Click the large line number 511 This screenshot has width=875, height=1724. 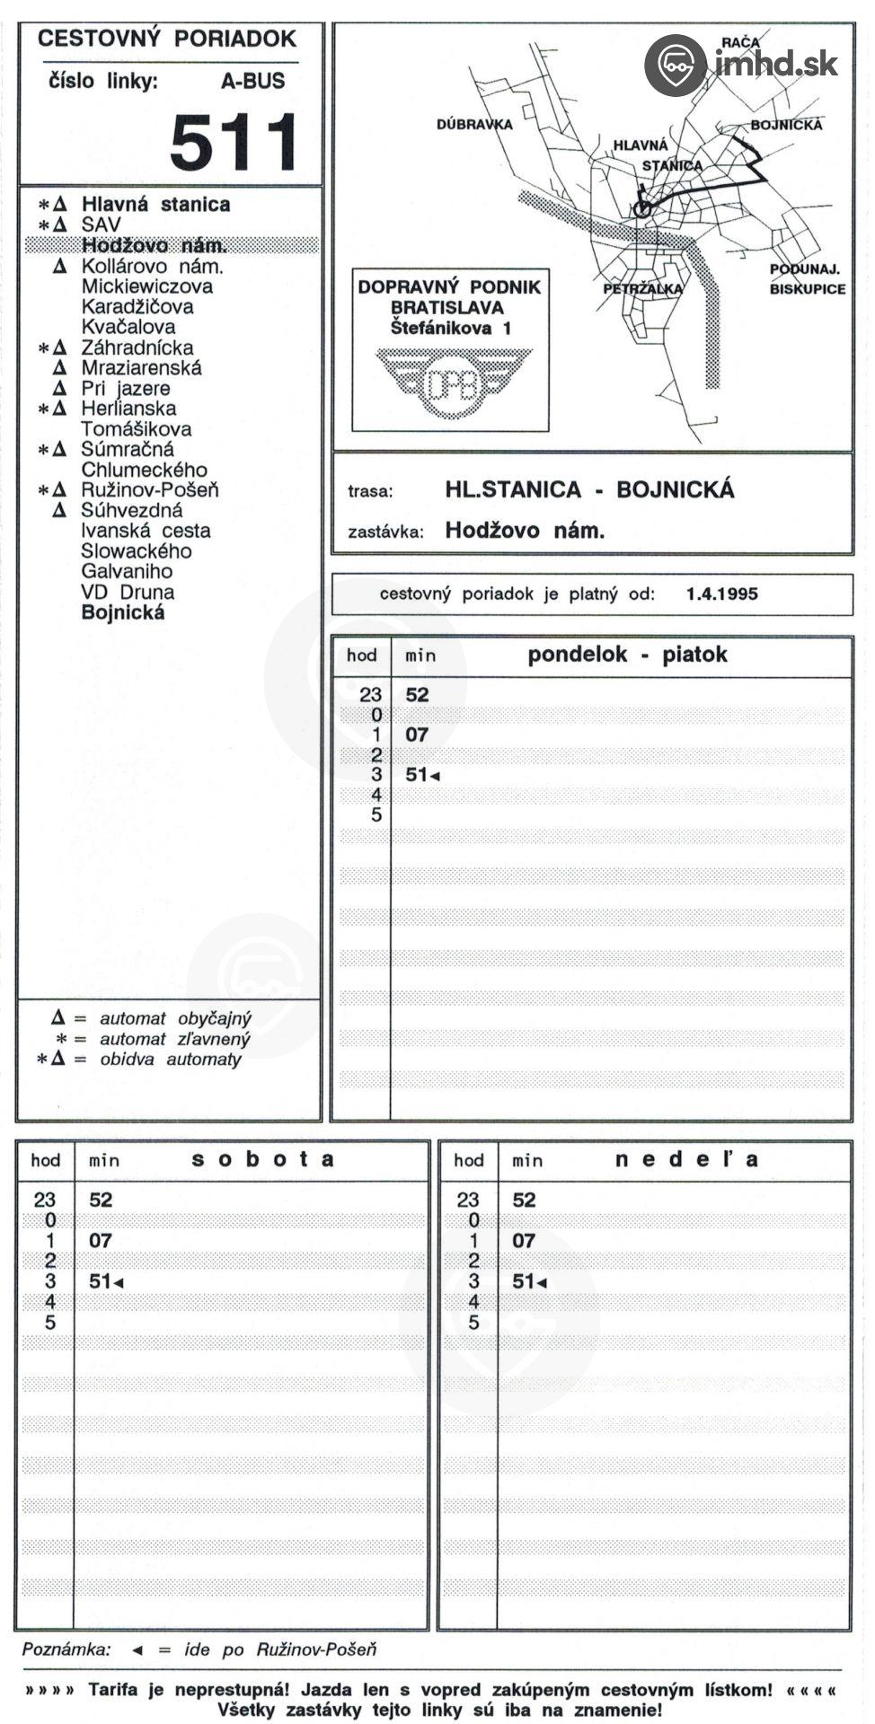pyautogui.click(x=234, y=142)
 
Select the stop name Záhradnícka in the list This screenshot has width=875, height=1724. pyautogui.click(x=137, y=347)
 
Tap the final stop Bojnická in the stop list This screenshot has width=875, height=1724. pyautogui.click(x=123, y=613)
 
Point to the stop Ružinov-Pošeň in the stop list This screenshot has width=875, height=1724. pyautogui.click(x=149, y=490)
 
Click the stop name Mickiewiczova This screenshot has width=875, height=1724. pyautogui.click(x=146, y=286)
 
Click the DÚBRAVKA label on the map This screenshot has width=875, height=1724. pyautogui.click(x=473, y=125)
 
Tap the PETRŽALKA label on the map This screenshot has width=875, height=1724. pyautogui.click(x=642, y=289)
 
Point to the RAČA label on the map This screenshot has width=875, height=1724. pyautogui.click(x=740, y=42)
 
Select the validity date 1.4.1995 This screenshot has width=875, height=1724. pyautogui.click(x=721, y=594)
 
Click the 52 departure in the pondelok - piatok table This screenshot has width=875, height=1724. pyautogui.click(x=417, y=695)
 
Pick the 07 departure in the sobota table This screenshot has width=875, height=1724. pyautogui.click(x=100, y=1241)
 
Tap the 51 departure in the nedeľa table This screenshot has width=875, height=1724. pyautogui.click(x=524, y=1281)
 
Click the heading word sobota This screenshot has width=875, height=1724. pyautogui.click(x=262, y=1159)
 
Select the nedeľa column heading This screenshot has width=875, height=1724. pyautogui.click(x=686, y=1159)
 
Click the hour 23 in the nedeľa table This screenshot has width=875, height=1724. pyautogui.click(x=468, y=1200)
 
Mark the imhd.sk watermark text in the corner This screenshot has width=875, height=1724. pyautogui.click(x=776, y=64)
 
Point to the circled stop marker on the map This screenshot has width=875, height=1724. pyautogui.click(x=641, y=208)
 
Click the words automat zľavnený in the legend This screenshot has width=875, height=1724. pyautogui.click(x=174, y=1039)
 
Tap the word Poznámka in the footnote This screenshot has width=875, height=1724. pyautogui.click(x=66, y=1649)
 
